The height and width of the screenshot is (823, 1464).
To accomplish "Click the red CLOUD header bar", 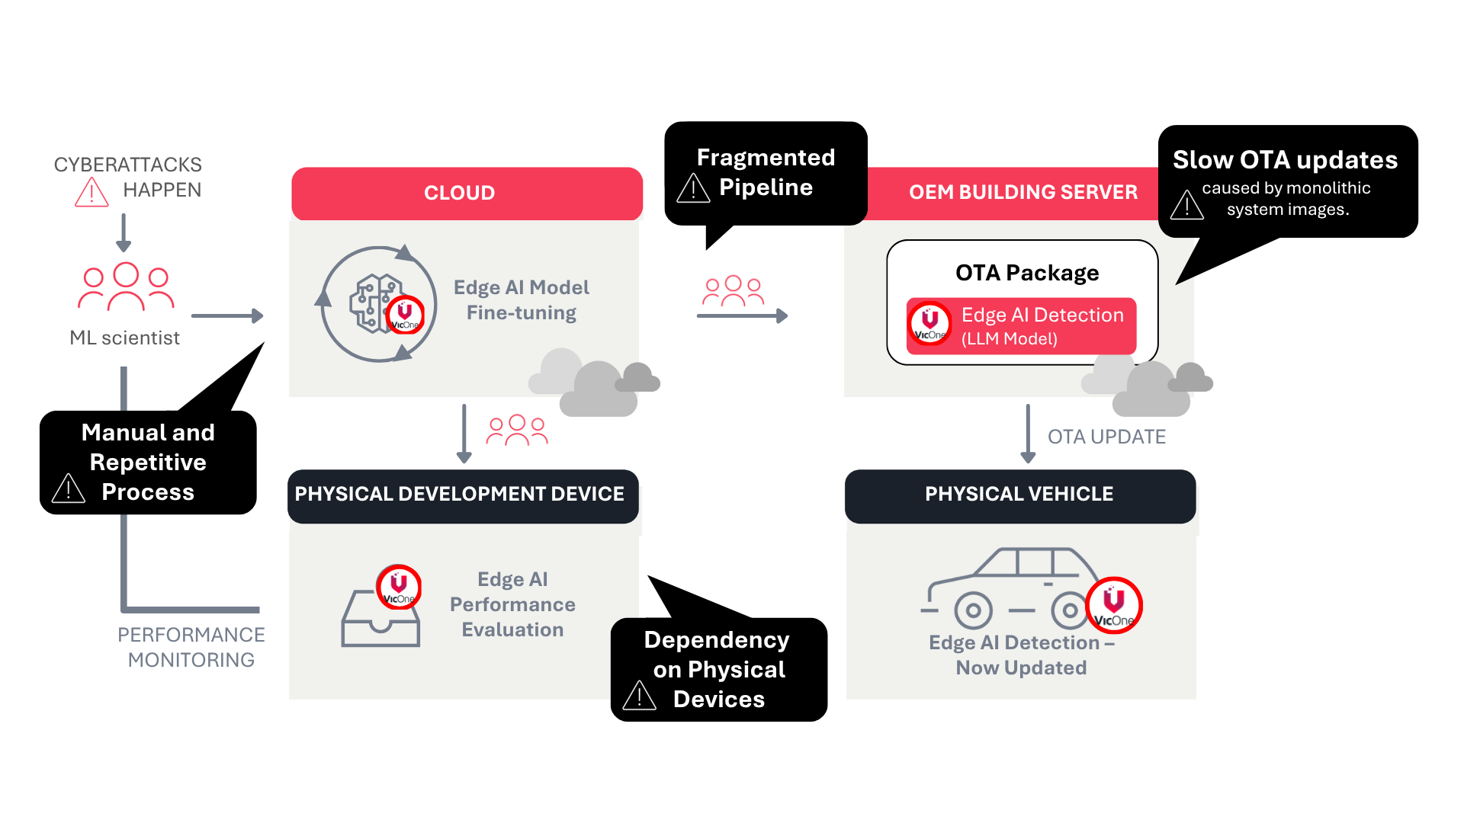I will [467, 193].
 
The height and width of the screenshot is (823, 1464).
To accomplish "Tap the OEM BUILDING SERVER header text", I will [1023, 192].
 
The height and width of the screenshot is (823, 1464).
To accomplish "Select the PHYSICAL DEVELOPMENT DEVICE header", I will [460, 495].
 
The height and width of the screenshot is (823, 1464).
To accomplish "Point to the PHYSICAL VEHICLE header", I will [1019, 495].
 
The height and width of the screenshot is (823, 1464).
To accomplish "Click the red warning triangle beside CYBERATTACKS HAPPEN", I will [91, 193].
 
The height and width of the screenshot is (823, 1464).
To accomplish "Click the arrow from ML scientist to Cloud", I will [227, 315].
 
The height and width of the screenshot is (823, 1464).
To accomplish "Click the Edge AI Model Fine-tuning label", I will [522, 300].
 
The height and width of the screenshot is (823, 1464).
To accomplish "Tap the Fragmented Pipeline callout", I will [766, 173].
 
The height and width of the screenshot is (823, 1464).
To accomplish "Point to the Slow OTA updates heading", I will [1285, 160].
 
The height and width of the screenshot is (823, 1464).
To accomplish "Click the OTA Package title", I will [1027, 273].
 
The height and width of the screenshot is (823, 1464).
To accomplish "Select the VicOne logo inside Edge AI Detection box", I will [930, 323].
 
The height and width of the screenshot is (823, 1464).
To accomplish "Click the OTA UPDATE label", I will [1106, 437].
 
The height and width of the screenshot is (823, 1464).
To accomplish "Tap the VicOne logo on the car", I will [1113, 605].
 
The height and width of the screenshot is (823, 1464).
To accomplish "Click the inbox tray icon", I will [380, 620].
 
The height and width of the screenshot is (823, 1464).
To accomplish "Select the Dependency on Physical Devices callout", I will [718, 669].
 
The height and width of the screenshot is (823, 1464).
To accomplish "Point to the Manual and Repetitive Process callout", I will [148, 462].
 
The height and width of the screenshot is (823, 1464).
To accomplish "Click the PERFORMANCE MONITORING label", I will [191, 647].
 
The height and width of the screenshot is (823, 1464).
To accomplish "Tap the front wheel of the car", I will [973, 610].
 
